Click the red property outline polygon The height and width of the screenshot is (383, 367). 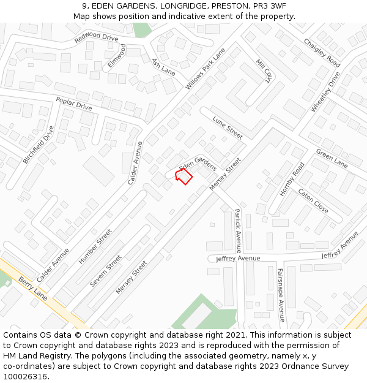(x=184, y=176)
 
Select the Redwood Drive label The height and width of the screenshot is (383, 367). (x=96, y=38)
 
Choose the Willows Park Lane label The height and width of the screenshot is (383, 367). (x=206, y=69)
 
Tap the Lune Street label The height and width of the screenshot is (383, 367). (x=228, y=127)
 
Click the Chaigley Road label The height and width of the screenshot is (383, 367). (x=322, y=53)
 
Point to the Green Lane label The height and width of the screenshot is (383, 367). (x=332, y=158)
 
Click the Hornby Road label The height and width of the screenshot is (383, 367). (x=292, y=179)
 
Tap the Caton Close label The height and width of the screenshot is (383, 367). (x=313, y=200)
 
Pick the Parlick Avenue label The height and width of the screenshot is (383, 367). (x=238, y=230)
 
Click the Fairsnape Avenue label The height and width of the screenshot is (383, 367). (x=281, y=295)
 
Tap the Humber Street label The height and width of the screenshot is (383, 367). (x=95, y=246)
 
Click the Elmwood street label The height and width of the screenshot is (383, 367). (x=116, y=55)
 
